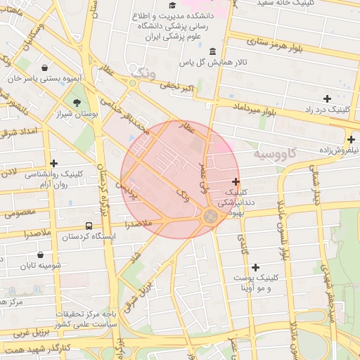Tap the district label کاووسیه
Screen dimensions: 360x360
[x=277, y=153]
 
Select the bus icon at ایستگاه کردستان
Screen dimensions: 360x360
[x=89, y=226]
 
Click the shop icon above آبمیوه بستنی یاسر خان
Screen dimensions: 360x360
[x=45, y=68]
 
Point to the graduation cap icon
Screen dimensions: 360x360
[x=172, y=5]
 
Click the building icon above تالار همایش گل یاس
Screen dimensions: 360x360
[x=213, y=51]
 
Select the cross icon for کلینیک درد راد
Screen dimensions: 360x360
[x=327, y=98]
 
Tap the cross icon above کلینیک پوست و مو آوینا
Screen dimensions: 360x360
[x=255, y=267]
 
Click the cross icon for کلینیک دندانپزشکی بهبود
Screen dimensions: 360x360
[x=235, y=181]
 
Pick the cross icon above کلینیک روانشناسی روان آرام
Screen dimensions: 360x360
[x=53, y=163]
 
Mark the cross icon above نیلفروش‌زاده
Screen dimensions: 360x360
[x=351, y=139]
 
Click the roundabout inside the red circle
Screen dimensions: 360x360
[x=210, y=217]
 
